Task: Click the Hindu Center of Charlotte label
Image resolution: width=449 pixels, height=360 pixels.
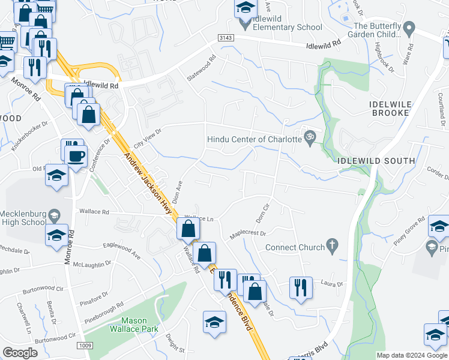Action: tap(254, 139)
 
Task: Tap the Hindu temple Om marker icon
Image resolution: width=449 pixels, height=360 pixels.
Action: tap(309, 137)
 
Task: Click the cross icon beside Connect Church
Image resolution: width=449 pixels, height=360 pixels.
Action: tap(331, 245)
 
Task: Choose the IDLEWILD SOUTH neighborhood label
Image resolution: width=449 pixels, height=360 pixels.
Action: tap(376, 161)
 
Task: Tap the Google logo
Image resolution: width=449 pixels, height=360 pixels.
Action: tap(20, 353)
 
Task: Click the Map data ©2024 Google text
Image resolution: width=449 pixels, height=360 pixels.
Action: tap(411, 355)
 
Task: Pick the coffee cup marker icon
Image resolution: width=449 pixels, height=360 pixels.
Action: tap(76, 157)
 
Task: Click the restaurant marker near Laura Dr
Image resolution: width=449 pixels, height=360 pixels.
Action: tap(300, 287)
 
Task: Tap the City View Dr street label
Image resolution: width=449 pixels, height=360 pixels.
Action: tap(148, 139)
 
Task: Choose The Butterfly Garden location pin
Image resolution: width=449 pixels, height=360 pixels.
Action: tap(409, 28)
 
